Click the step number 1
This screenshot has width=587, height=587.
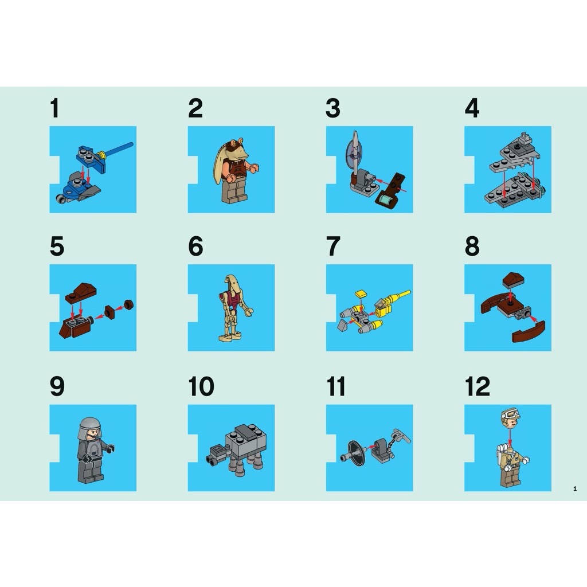tap(54, 108)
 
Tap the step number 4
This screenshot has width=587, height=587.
tap(471, 108)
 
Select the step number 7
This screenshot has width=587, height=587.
tap(332, 246)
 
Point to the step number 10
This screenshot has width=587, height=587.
tap(201, 386)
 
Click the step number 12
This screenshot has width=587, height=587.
tap(478, 386)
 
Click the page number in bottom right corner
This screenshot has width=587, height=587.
tap(574, 488)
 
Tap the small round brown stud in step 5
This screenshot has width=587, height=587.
tap(129, 304)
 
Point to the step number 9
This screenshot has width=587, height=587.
tap(57, 386)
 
